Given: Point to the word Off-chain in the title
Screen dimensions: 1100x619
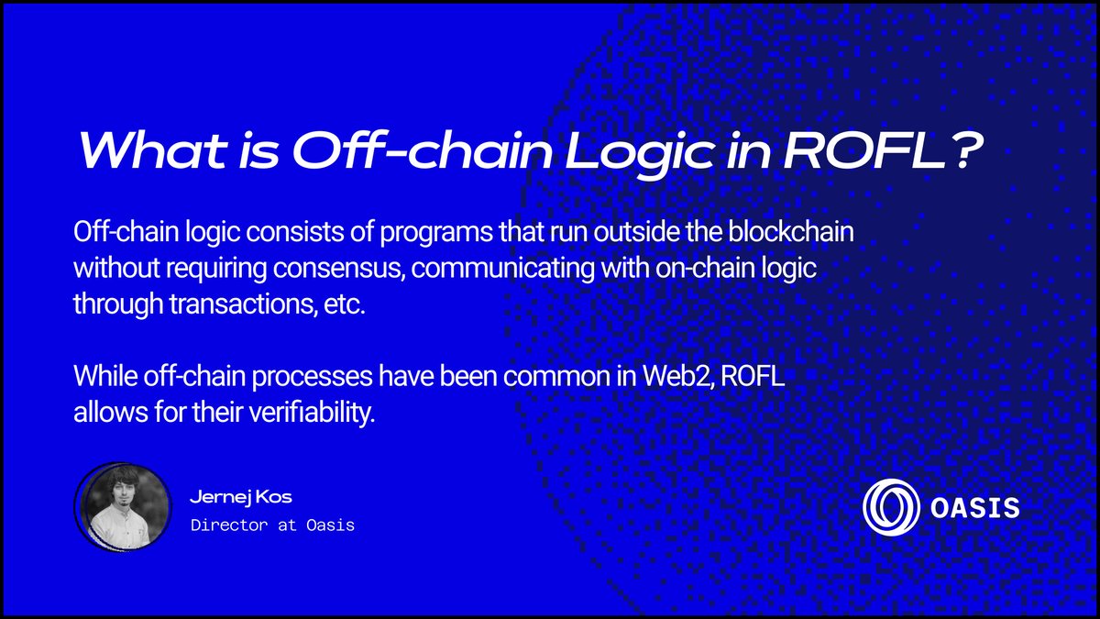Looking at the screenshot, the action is tap(423, 150).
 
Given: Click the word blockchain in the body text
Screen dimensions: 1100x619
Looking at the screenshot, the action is tap(791, 231).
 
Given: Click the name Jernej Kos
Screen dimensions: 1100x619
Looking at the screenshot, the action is tap(240, 497).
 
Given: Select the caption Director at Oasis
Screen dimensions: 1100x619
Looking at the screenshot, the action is tap(272, 525).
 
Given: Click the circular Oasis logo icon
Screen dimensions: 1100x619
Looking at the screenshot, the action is tap(891, 507).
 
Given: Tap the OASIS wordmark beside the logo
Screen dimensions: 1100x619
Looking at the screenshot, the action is tap(974, 508).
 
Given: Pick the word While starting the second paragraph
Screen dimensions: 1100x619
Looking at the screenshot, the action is tap(105, 377).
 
